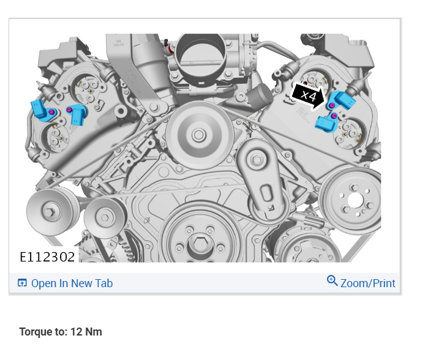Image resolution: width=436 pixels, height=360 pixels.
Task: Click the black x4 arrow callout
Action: pos(308,96)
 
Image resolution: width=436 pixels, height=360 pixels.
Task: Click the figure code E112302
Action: pos(47,257)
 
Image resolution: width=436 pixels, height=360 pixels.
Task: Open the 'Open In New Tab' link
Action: pos(72,283)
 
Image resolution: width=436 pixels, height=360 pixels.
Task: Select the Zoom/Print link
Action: pos(367,283)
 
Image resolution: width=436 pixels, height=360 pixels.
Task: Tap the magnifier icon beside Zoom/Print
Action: pos(332,281)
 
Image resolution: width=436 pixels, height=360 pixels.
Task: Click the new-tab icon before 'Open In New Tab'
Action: pos(22,283)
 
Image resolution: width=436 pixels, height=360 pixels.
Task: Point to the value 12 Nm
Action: pos(86,332)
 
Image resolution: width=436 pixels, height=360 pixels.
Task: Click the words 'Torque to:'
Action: pos(43,332)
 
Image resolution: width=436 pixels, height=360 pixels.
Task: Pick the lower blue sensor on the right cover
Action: pos(326,122)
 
